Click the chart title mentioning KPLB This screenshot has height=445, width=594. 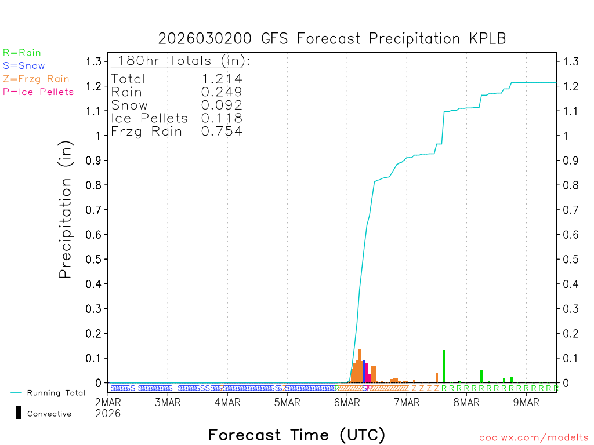[x=332, y=39]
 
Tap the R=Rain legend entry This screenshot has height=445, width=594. [x=22, y=53]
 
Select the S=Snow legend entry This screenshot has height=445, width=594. [x=24, y=66]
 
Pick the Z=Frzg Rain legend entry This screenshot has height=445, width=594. [x=36, y=79]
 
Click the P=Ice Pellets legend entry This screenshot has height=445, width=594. [x=38, y=92]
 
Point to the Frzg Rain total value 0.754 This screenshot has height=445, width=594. [x=222, y=132]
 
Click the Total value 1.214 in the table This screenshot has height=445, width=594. [x=222, y=79]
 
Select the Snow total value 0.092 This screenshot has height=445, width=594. [x=222, y=105]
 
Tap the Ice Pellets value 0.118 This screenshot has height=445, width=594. [x=222, y=118]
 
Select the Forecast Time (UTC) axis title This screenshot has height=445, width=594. [x=296, y=435]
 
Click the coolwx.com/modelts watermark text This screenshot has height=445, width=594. [x=534, y=438]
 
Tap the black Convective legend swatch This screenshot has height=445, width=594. [x=19, y=412]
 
